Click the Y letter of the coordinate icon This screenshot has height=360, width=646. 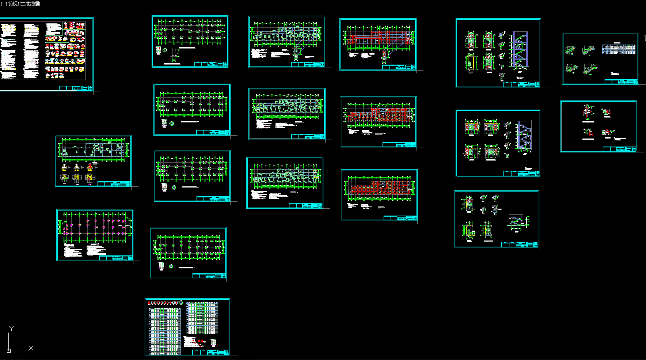pyautogui.click(x=11, y=329)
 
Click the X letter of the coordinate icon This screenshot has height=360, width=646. pyautogui.click(x=31, y=348)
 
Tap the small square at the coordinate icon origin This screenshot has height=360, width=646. pyautogui.click(x=9, y=351)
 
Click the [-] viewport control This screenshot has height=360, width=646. pyautogui.click(x=4, y=4)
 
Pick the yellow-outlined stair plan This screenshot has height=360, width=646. pyautogui.click(x=471, y=62)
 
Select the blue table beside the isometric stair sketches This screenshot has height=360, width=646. pyautogui.click(x=619, y=49)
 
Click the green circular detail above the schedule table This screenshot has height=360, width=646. pyautogui.click(x=181, y=303)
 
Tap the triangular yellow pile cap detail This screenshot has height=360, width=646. pyautogui.click(x=64, y=178)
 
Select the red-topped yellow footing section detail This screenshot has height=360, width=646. pyautogui.click(x=90, y=167)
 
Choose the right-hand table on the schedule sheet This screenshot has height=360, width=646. pyautogui.click(x=202, y=318)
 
